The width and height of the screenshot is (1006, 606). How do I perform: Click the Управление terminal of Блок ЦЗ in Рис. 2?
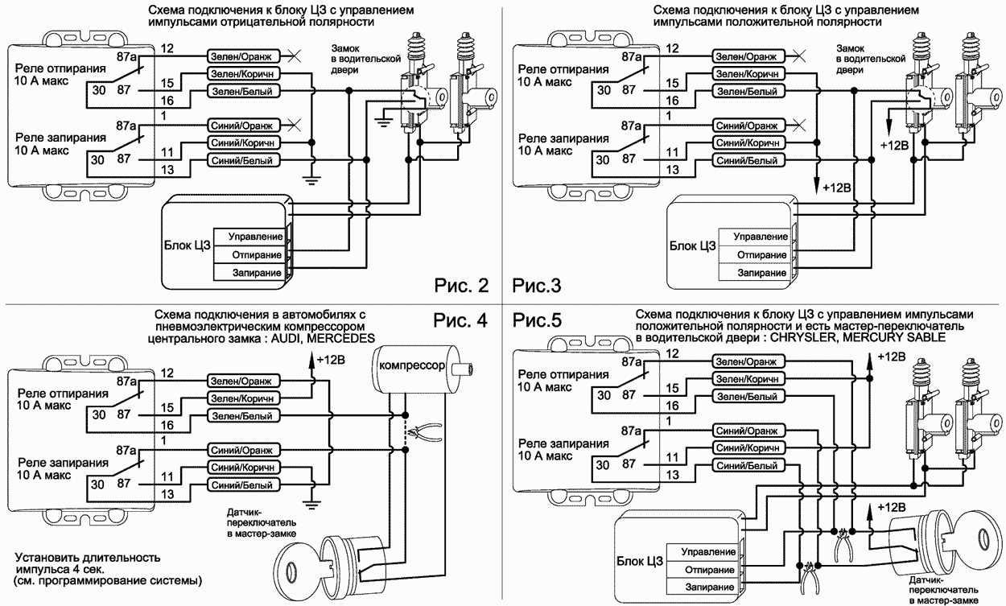[254, 237]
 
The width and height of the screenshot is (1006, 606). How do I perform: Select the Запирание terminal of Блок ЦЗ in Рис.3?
[760, 273]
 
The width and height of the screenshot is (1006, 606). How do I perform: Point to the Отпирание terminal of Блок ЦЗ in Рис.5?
[707, 570]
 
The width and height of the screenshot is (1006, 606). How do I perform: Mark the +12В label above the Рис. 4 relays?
[333, 359]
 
